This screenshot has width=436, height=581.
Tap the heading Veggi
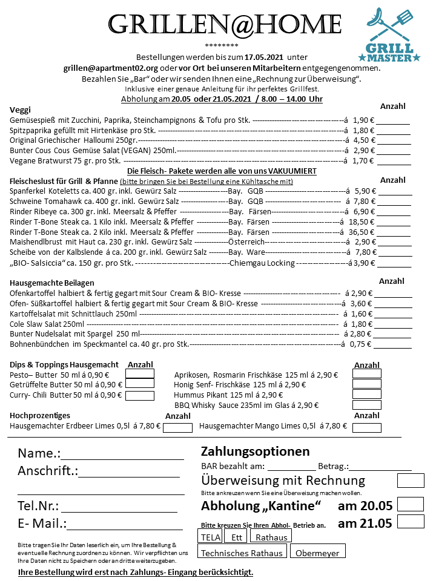click(x=21, y=110)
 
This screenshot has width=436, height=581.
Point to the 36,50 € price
click(x=360, y=232)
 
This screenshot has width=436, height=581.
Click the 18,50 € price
click(x=360, y=222)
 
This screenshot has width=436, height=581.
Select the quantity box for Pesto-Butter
click(x=139, y=374)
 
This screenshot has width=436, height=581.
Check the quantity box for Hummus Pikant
click(x=366, y=394)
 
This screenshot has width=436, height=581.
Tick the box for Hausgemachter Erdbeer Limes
click(x=177, y=427)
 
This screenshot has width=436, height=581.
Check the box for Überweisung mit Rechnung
click(x=410, y=481)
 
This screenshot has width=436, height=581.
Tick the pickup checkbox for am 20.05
click(x=410, y=504)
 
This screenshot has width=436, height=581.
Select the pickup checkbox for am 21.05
click(x=410, y=521)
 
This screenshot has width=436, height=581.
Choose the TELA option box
click(x=210, y=536)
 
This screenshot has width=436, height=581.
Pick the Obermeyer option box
click(x=317, y=551)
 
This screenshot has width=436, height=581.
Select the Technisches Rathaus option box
click(x=242, y=551)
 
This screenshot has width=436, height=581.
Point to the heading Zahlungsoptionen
click(x=255, y=451)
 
